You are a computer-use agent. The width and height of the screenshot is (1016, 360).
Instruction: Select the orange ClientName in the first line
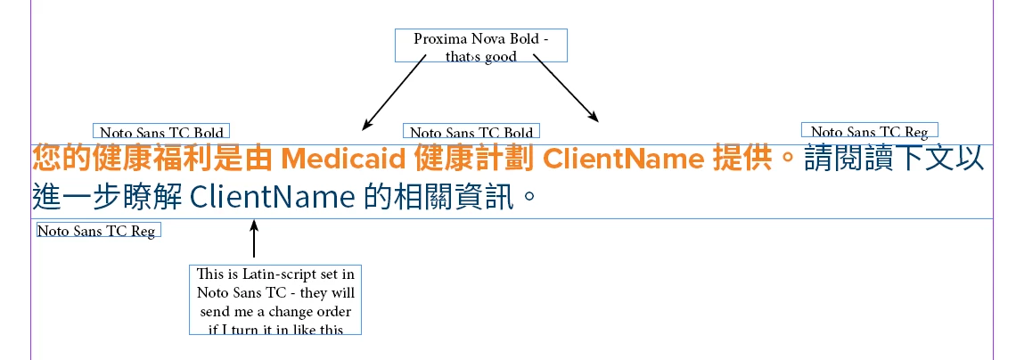pyautogui.click(x=624, y=160)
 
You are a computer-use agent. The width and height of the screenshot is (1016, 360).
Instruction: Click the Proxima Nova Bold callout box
pyautogui.click(x=480, y=45)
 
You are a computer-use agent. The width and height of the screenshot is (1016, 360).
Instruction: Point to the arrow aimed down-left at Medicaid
pyautogui.click(x=393, y=93)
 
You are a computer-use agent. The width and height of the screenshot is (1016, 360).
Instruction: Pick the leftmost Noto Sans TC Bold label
pyautogui.click(x=161, y=132)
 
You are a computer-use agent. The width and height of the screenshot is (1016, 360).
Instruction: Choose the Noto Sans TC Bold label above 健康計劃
pyautogui.click(x=471, y=132)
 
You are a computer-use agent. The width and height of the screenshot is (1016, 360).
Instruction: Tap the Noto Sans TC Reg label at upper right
pyautogui.click(x=869, y=131)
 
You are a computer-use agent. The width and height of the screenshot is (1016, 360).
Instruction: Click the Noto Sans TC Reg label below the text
pyautogui.click(x=97, y=231)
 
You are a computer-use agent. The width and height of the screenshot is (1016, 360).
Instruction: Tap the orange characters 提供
pyautogui.click(x=743, y=160)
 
